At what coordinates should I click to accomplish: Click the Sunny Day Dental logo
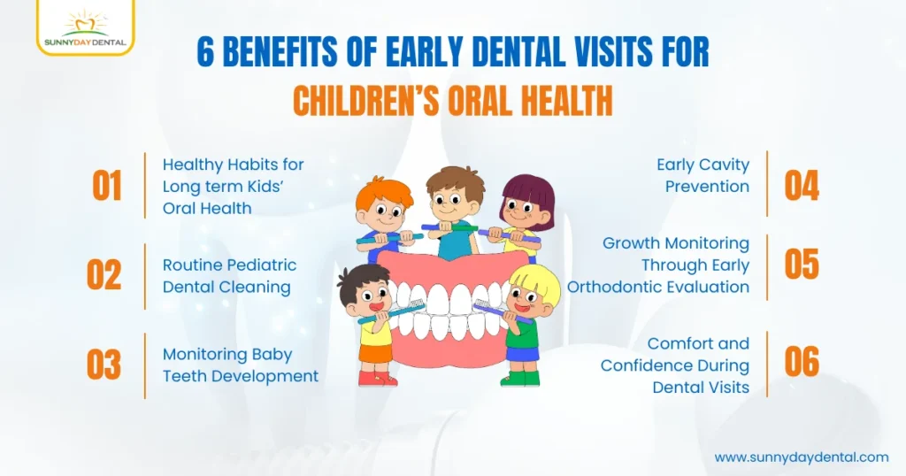(86, 26)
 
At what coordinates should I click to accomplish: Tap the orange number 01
(107, 187)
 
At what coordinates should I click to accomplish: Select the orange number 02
(104, 275)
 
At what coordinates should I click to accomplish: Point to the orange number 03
(104, 365)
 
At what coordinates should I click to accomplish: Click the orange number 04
(802, 186)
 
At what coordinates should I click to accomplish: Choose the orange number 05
(802, 265)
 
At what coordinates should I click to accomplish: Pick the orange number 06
(802, 363)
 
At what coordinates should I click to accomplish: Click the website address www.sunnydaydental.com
(801, 457)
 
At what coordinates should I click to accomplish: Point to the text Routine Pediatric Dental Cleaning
(229, 276)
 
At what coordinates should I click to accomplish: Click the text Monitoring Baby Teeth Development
(240, 365)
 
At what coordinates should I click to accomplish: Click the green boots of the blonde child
(514, 378)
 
